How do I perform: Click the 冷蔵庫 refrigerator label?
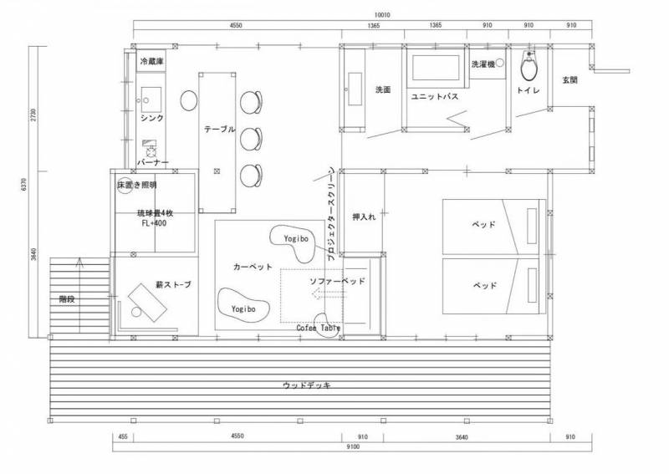152,61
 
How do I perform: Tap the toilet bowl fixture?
529,67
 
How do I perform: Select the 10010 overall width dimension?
383,15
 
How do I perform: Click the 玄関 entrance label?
570,79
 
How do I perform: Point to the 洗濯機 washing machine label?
483,64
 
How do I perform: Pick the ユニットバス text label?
435,96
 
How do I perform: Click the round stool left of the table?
189,100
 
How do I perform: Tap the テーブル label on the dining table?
219,129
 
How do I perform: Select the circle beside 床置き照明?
125,186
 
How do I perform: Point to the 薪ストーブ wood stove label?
173,284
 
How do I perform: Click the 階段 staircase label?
67,299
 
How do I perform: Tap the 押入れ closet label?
364,217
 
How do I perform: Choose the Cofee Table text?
319,328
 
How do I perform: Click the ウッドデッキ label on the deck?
307,385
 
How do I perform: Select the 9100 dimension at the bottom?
353,446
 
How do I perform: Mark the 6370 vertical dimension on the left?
24,184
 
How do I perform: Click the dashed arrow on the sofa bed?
329,293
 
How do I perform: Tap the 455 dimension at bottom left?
123,436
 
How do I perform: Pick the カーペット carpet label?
253,267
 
